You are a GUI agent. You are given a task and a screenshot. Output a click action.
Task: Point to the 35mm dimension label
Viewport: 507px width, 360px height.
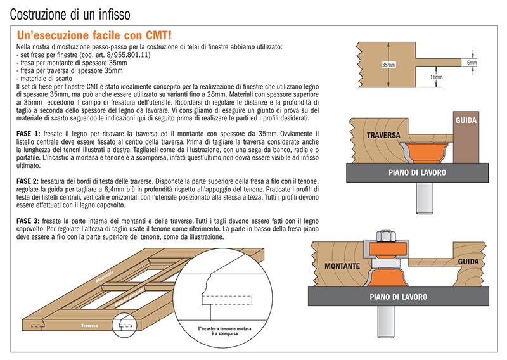[388, 65]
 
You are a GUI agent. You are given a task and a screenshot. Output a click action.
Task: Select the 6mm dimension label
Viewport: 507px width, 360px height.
[472, 63]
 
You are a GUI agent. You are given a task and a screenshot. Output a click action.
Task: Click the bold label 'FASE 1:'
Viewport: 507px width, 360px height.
[27, 134]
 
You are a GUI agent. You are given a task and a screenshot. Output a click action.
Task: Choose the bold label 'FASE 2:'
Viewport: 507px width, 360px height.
[27, 181]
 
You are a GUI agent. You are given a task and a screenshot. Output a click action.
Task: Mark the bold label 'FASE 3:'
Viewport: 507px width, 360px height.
[27, 220]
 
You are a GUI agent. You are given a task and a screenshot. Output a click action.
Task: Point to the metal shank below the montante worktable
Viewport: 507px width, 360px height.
[385, 321]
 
